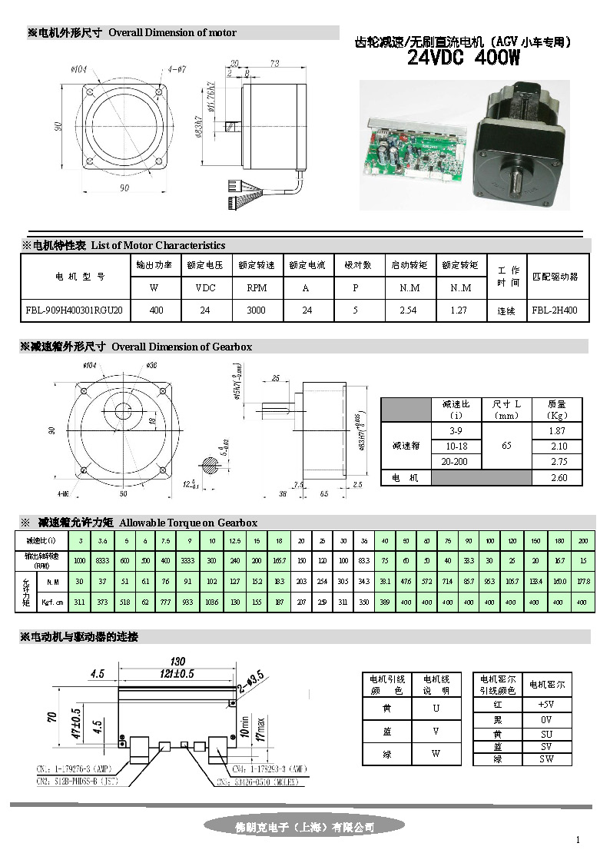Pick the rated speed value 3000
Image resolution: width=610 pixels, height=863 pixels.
(257, 310)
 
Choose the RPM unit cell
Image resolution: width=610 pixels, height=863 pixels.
(257, 288)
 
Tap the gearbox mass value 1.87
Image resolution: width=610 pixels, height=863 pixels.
(558, 431)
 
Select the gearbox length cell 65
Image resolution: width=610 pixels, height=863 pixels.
(506, 446)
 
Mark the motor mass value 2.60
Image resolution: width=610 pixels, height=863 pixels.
(558, 477)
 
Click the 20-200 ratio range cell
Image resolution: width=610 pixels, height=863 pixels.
(456, 461)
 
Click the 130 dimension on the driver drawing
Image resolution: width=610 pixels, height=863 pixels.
(178, 661)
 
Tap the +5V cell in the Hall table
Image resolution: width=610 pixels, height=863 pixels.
(546, 704)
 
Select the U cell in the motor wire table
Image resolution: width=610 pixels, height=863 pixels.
(436, 708)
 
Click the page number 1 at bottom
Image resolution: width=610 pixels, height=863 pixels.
(578, 839)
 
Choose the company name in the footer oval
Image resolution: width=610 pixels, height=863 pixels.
(304, 827)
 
